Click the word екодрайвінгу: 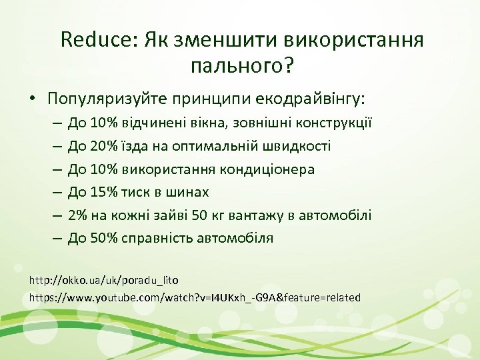pos(311,99)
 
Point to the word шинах pos(191,193)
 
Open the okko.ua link pos(104,280)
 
